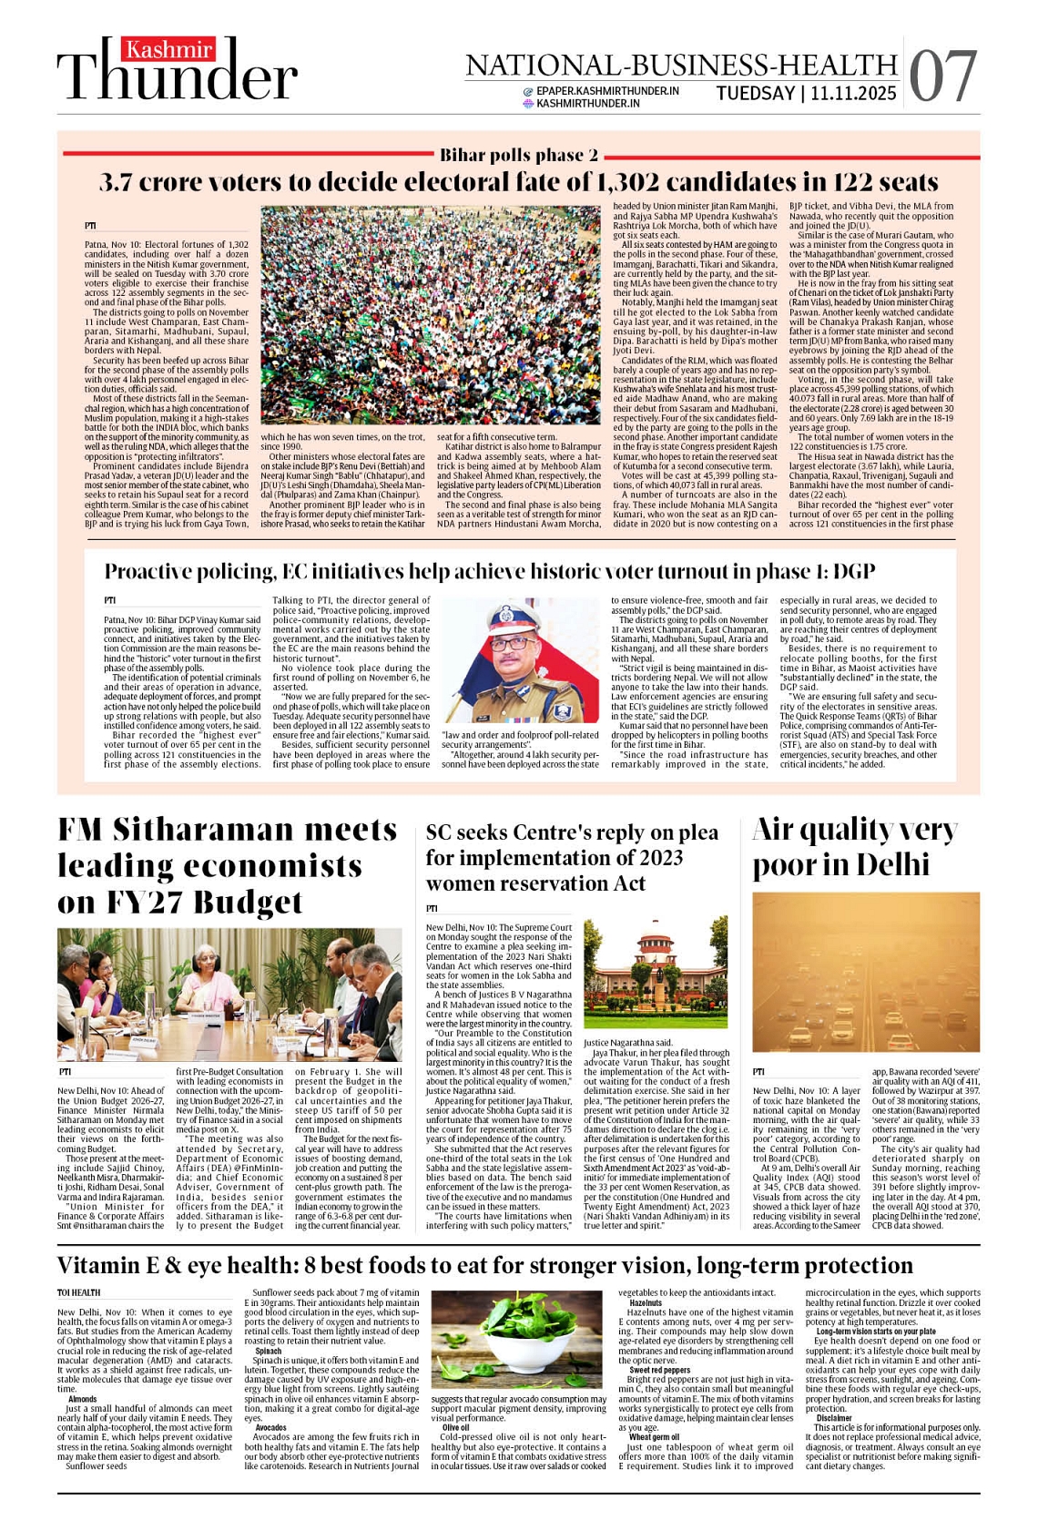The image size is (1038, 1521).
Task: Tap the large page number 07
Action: pyautogui.click(x=942, y=76)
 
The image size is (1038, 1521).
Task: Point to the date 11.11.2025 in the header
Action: pyautogui.click(x=853, y=93)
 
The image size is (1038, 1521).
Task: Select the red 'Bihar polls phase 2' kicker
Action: pyautogui.click(x=519, y=156)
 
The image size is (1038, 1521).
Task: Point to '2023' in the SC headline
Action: pyautogui.click(x=656, y=858)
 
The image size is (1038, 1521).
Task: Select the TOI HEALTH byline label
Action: pyautogui.click(x=79, y=1292)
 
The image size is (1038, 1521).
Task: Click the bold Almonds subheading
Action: pyautogui.click(x=82, y=1399)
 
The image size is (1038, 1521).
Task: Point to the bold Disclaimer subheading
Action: pyautogui.click(x=834, y=1418)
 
